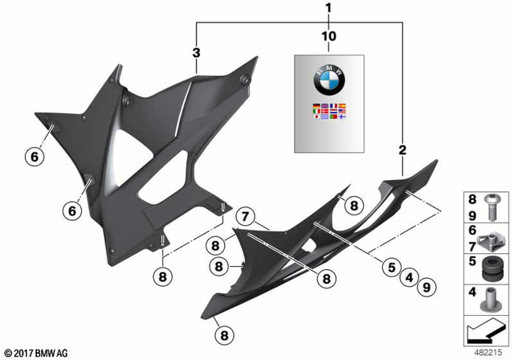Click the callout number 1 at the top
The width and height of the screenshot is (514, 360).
pyautogui.click(x=328, y=8)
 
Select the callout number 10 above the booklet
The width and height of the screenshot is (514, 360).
pyautogui.click(x=328, y=37)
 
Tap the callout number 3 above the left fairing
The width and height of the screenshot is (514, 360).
pyautogui.click(x=196, y=53)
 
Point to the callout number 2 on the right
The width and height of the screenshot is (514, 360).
pyautogui.click(x=402, y=149)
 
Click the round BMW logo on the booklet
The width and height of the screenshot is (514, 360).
pyautogui.click(x=328, y=84)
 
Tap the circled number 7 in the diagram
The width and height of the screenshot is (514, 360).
pyautogui.click(x=245, y=215)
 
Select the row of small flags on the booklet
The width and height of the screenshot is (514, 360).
pyautogui.click(x=328, y=112)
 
